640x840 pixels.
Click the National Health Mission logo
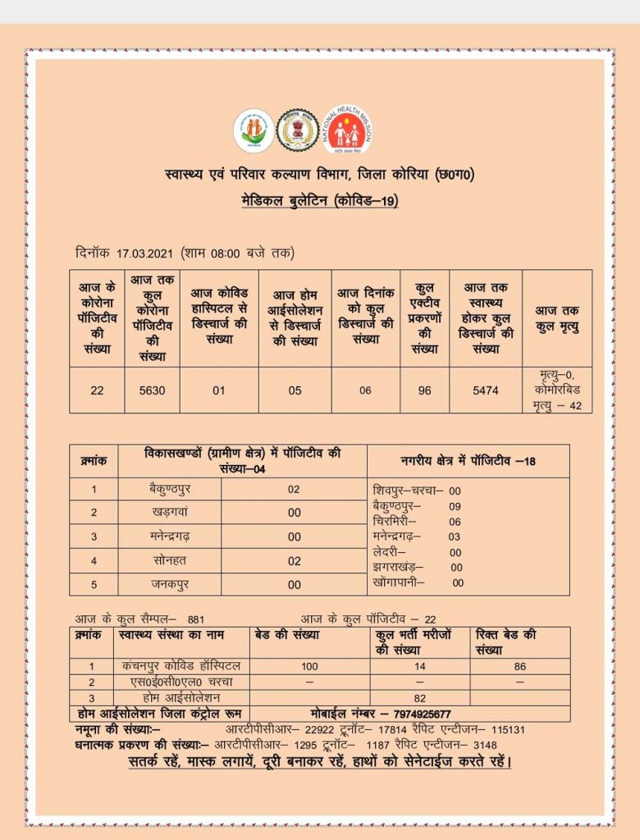coord(347,130)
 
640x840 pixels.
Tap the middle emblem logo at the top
coord(298,130)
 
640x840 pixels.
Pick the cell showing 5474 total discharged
coord(485,390)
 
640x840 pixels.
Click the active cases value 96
coord(424,390)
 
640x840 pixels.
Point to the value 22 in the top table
coord(97,390)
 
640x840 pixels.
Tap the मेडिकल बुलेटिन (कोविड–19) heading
coord(320,202)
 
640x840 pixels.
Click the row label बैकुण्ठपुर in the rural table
coord(169,489)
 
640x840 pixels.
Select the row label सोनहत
coord(169,561)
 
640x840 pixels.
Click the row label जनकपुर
coord(169,585)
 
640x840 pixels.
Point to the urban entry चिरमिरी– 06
coord(417,522)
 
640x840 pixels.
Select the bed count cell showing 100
coord(309,666)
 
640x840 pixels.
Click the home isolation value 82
coord(419,697)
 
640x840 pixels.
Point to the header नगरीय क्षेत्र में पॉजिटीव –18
coord(468,461)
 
